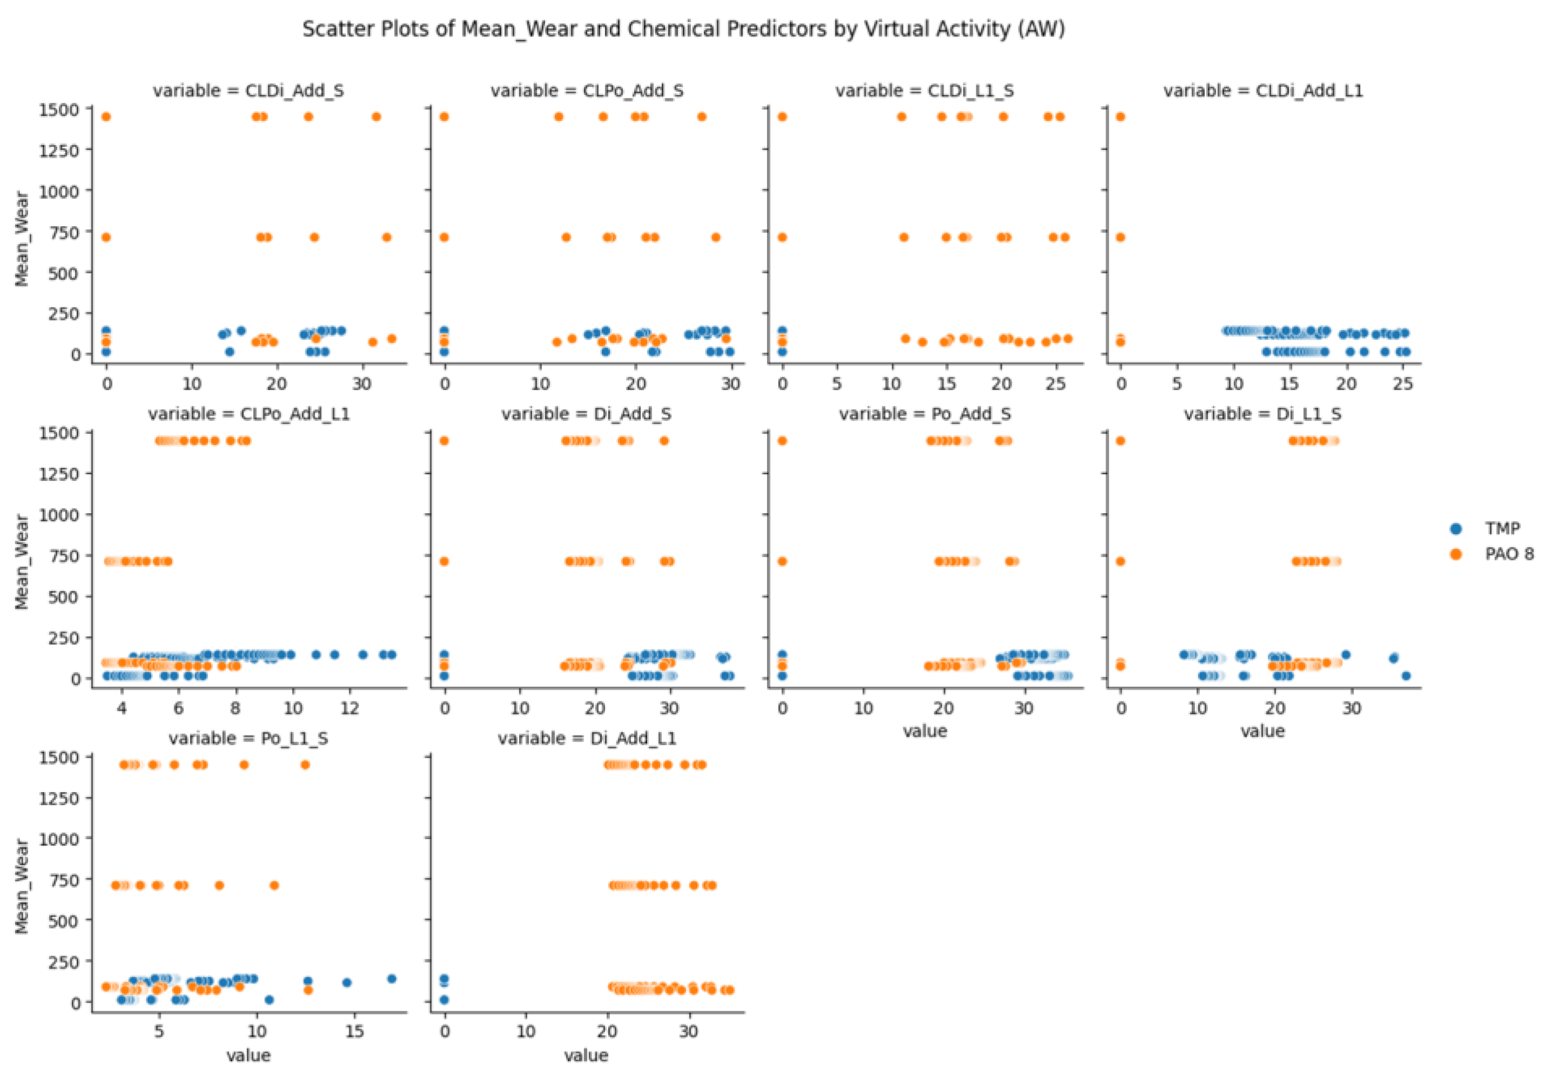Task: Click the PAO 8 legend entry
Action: (1508, 554)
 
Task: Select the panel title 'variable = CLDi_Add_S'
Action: (248, 90)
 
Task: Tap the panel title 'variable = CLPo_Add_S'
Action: (586, 90)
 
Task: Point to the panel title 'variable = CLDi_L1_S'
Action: (924, 90)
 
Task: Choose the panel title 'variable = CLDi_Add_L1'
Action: (1262, 90)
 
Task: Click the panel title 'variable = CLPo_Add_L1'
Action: (248, 414)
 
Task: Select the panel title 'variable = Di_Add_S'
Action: (586, 414)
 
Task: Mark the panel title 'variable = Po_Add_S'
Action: (924, 414)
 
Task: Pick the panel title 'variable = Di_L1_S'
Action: (1262, 414)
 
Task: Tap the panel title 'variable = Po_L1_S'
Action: (248, 738)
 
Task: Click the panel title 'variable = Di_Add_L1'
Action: (586, 738)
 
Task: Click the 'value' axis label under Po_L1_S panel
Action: (248, 1055)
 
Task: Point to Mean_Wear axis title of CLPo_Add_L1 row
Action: (22, 562)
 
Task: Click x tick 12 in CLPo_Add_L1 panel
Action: (350, 709)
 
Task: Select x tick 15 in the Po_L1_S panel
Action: (355, 1032)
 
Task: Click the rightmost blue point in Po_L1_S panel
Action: (392, 979)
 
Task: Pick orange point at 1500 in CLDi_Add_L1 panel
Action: (1121, 117)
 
